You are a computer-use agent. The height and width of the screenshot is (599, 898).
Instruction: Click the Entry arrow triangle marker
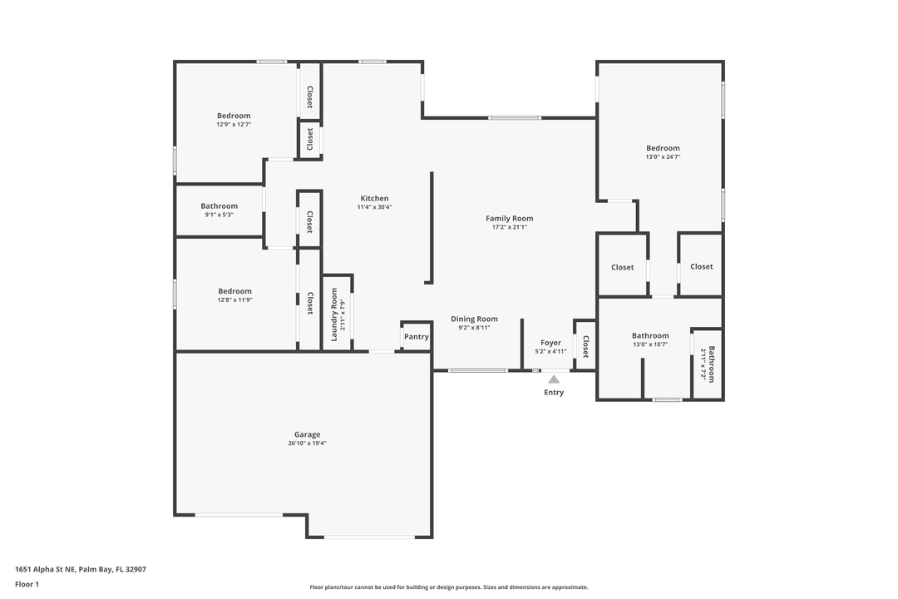pyautogui.click(x=554, y=379)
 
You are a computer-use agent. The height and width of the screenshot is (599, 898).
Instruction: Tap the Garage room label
pyautogui.click(x=307, y=434)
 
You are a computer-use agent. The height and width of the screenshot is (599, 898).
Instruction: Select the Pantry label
pyautogui.click(x=417, y=337)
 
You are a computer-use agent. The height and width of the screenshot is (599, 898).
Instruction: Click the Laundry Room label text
pyautogui.click(x=334, y=314)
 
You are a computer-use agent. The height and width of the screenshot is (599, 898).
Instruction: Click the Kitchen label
pyautogui.click(x=374, y=198)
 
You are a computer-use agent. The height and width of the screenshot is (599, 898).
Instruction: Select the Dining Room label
pyautogui.click(x=474, y=319)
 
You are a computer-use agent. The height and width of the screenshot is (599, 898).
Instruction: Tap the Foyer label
pyautogui.click(x=550, y=342)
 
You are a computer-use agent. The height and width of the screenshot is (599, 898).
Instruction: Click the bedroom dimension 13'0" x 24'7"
pyautogui.click(x=663, y=157)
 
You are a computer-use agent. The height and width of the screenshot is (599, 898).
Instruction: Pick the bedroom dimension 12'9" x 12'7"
pyautogui.click(x=234, y=125)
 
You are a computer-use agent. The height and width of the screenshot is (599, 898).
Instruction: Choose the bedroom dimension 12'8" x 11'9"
pyautogui.click(x=234, y=300)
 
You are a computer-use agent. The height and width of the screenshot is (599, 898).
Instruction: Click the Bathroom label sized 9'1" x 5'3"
pyautogui.click(x=219, y=205)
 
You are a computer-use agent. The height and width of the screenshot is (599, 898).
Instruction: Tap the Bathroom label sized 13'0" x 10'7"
pyautogui.click(x=650, y=335)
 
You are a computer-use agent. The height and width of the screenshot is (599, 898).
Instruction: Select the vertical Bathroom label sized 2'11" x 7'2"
pyautogui.click(x=711, y=364)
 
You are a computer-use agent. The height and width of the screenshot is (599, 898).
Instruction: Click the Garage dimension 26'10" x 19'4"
pyautogui.click(x=307, y=443)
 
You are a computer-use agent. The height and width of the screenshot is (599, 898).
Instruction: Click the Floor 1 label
pyautogui.click(x=27, y=584)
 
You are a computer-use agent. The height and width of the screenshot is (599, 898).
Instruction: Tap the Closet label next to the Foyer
pyautogui.click(x=585, y=346)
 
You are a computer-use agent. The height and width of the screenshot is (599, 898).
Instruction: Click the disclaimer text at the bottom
pyautogui.click(x=449, y=587)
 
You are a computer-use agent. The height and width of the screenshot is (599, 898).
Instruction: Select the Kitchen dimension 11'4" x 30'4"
pyautogui.click(x=374, y=207)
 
